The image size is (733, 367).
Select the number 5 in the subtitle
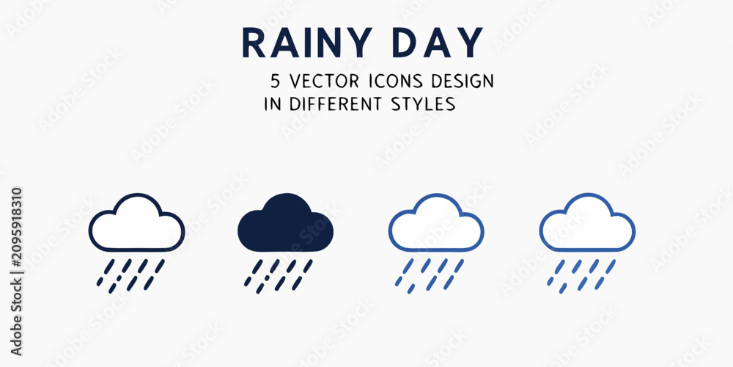(x=276, y=81)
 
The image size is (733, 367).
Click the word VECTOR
(x=325, y=81)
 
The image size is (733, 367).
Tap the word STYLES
(x=423, y=103)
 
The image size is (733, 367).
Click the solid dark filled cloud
(x=286, y=223)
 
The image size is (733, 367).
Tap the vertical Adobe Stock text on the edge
(x=16, y=315)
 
